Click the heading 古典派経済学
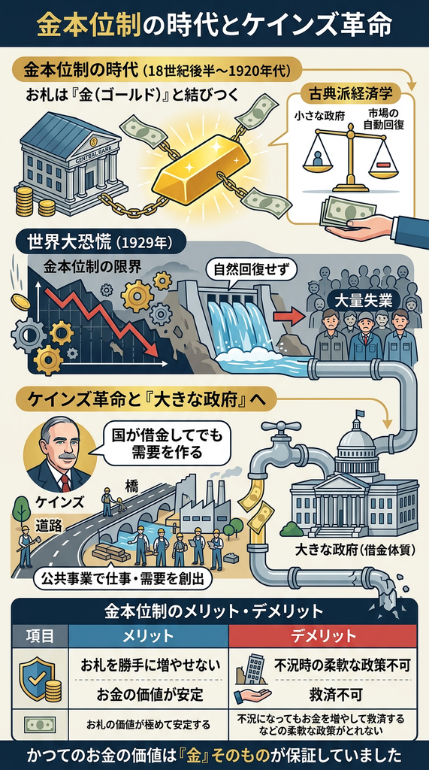(350, 92)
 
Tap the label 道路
(48, 526)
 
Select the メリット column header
(148, 637)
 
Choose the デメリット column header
(323, 637)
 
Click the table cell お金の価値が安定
(148, 695)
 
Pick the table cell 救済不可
(335, 695)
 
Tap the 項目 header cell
(40, 637)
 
